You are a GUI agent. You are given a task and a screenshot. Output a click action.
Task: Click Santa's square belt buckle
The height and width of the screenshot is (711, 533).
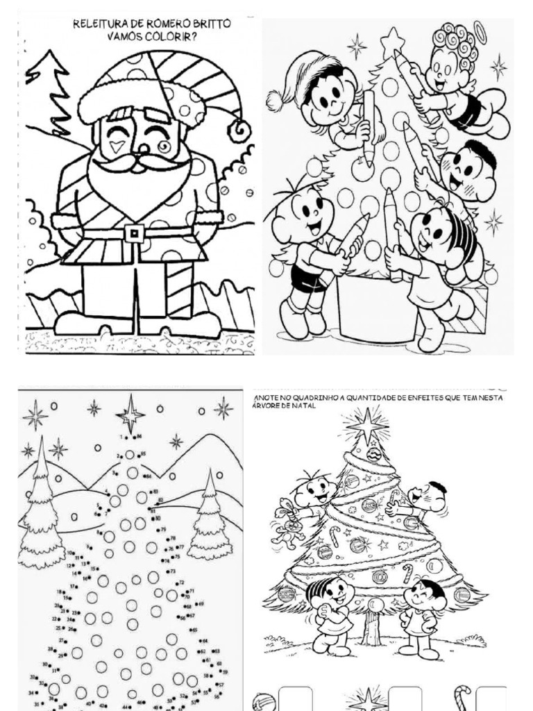click(134, 233)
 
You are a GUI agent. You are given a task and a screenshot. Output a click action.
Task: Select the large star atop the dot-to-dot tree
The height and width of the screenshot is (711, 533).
click(130, 415)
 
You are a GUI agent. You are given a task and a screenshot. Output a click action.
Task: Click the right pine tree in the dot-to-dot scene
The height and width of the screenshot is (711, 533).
click(209, 517)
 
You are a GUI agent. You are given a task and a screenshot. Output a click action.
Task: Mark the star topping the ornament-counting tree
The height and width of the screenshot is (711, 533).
click(366, 425)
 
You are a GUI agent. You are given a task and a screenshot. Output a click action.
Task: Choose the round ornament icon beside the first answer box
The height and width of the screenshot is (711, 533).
click(264, 701)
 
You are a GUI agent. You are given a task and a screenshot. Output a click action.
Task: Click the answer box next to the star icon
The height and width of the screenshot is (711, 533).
click(405, 699)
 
